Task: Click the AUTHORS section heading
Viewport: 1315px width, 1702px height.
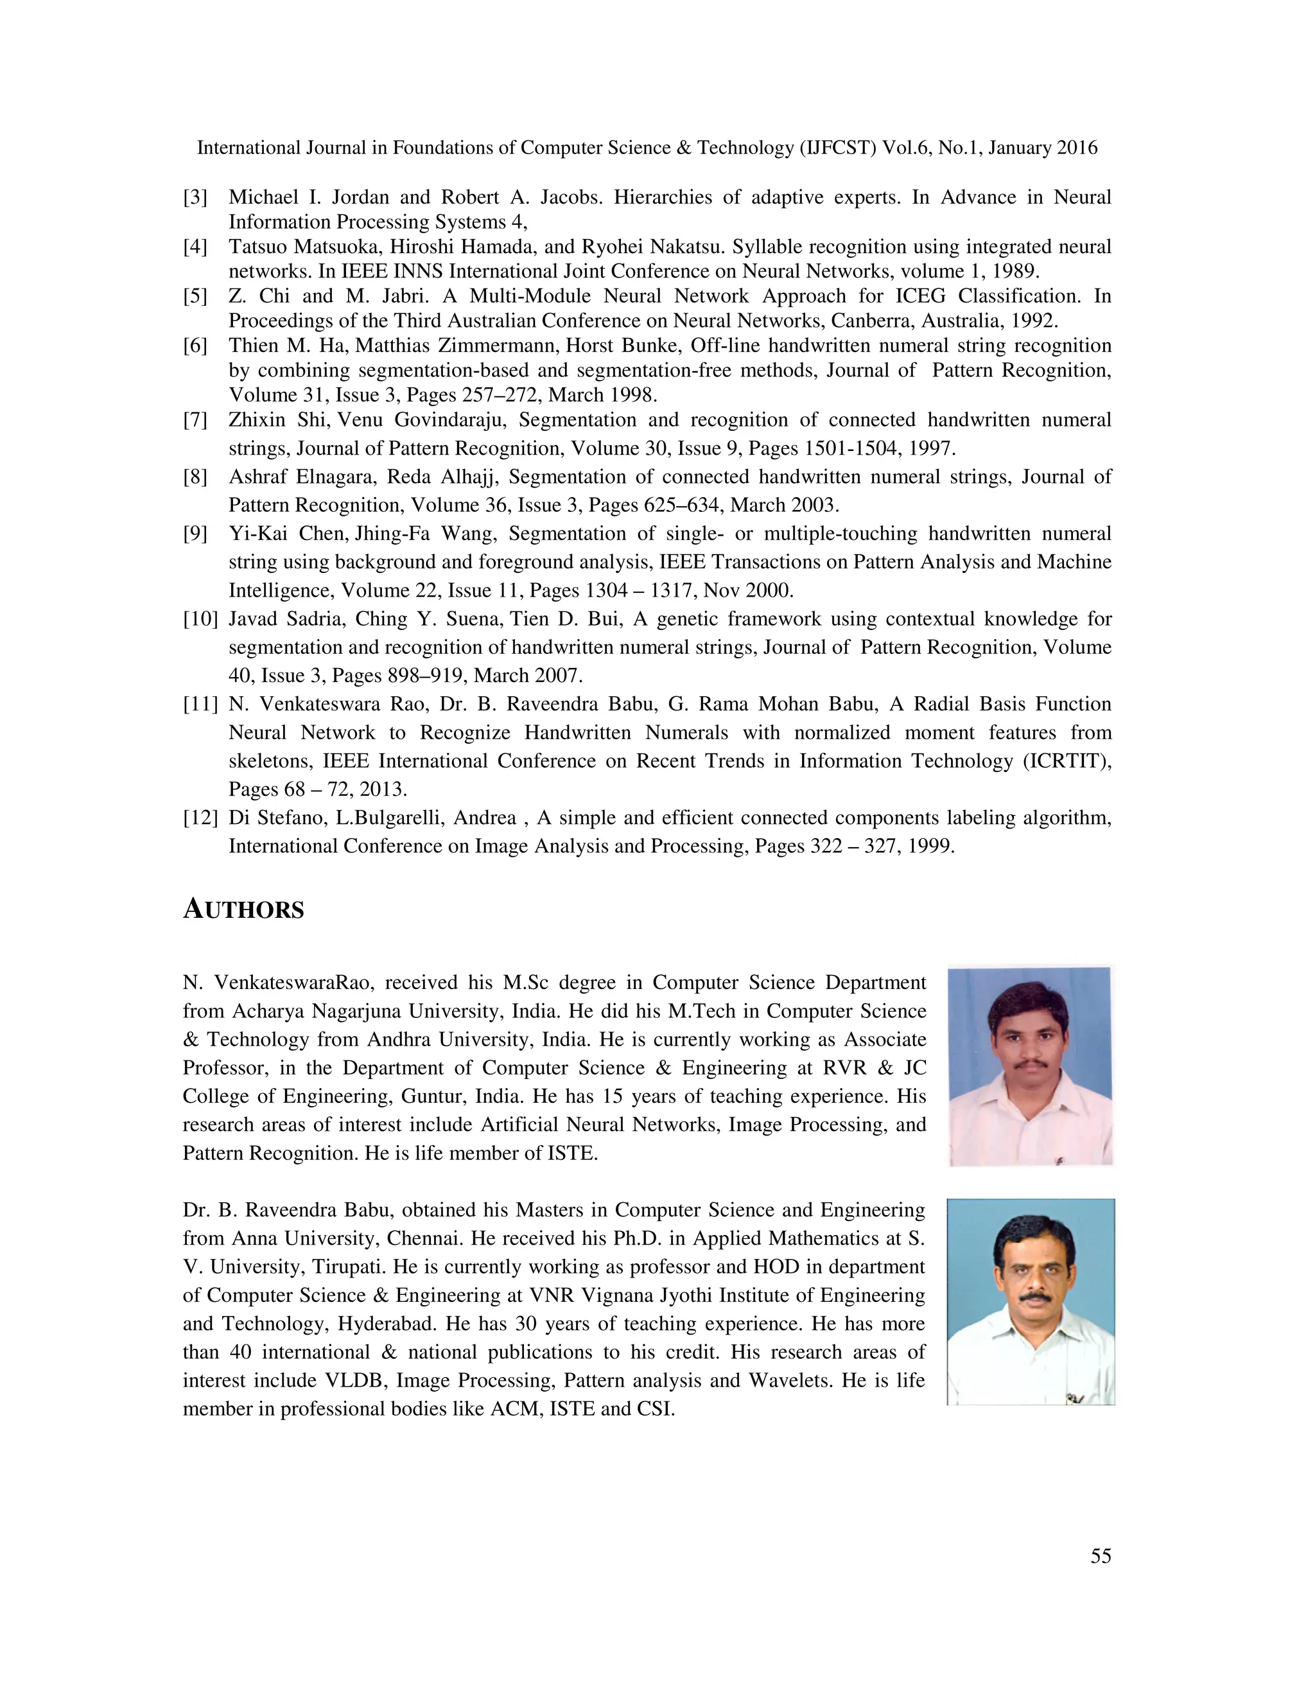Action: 243,909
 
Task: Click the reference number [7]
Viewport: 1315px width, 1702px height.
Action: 195,420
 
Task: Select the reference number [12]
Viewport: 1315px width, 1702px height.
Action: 200,818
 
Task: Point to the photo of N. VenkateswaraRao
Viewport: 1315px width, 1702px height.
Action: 1030,1066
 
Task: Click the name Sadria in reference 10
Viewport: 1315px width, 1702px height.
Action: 311,619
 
